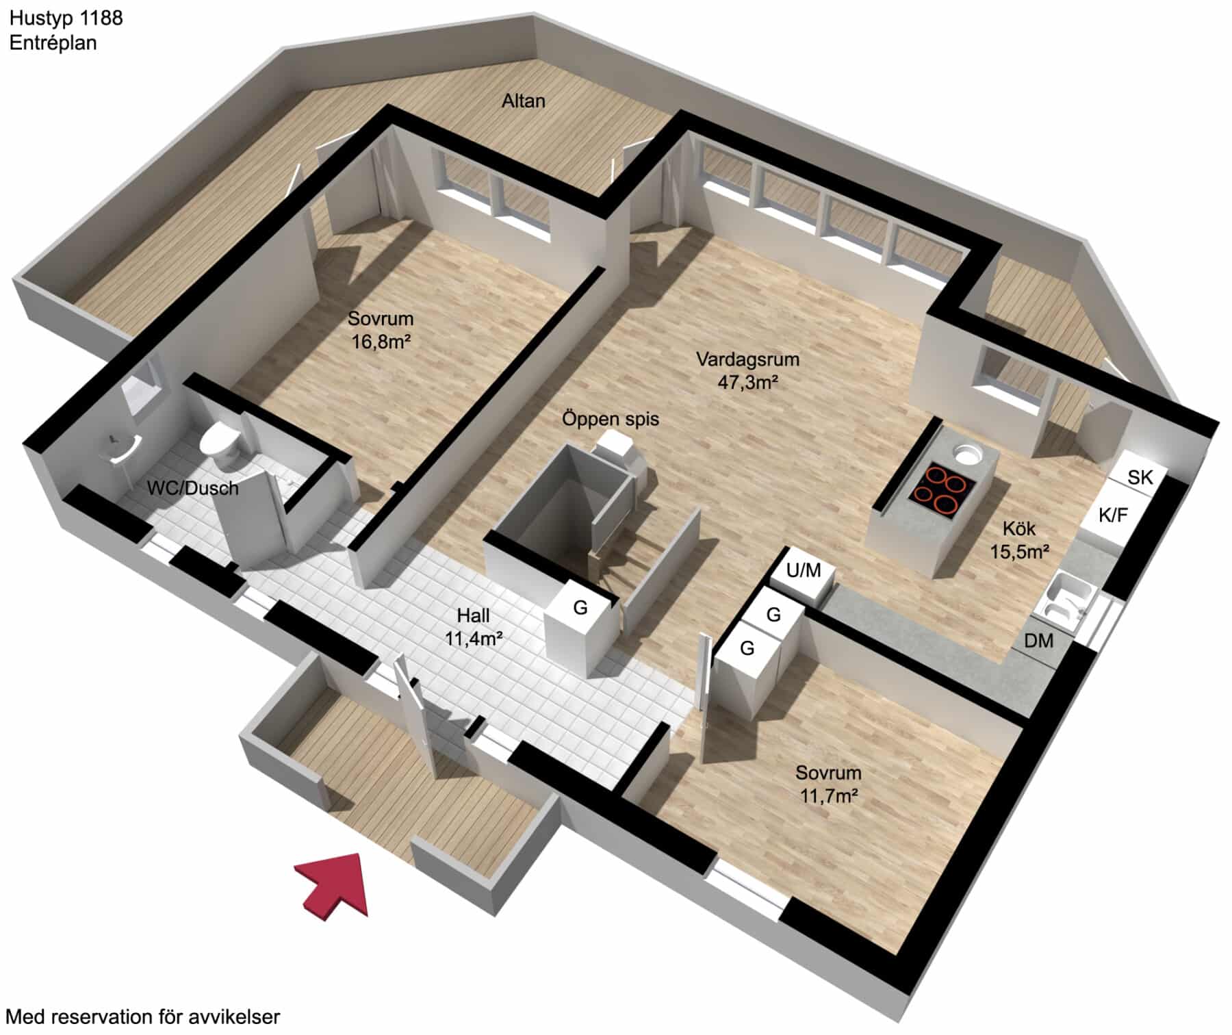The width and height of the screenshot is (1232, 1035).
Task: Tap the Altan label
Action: [x=524, y=101]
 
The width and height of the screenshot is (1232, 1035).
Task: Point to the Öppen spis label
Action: [x=611, y=418]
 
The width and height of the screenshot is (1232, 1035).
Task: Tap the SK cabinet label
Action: [x=1140, y=477]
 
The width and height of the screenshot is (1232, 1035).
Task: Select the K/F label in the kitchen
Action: [x=1113, y=515]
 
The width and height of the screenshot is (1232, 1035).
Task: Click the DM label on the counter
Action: [x=1038, y=641]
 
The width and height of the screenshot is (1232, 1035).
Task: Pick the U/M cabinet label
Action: [x=804, y=570]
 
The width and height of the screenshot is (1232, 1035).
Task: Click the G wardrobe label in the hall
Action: [x=580, y=606]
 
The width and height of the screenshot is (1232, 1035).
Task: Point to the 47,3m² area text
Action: [x=748, y=382]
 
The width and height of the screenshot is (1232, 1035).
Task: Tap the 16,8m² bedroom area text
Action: [x=381, y=341]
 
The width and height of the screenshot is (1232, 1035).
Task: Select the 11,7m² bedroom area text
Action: [x=829, y=795]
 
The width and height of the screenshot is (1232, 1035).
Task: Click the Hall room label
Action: [x=474, y=615]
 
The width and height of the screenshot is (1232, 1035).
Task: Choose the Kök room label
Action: [x=1019, y=528]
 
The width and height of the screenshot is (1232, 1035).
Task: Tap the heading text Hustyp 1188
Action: [x=66, y=18]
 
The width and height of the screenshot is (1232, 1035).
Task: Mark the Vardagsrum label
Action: [x=747, y=359]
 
